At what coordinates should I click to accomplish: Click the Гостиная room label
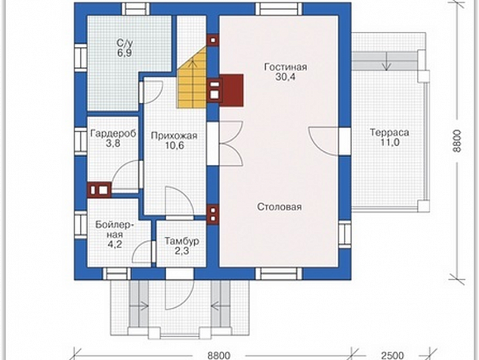click(286, 67)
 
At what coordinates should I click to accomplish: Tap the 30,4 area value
click(286, 77)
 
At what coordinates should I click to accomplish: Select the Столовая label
click(280, 206)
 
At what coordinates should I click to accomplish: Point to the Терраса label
click(389, 133)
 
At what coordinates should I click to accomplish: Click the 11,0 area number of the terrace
click(390, 142)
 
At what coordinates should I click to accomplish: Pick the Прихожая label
click(174, 136)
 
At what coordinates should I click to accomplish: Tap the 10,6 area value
click(175, 145)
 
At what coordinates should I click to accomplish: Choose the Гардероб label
click(113, 134)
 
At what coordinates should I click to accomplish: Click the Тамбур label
click(182, 241)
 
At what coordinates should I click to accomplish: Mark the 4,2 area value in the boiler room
click(115, 244)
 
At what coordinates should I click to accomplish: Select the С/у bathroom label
click(125, 42)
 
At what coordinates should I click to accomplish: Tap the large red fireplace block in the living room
click(231, 90)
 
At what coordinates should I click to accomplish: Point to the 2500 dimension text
click(393, 355)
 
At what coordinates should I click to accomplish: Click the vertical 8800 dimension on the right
click(456, 141)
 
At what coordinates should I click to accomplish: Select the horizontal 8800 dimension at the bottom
click(219, 355)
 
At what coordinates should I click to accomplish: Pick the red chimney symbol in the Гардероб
click(99, 190)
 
